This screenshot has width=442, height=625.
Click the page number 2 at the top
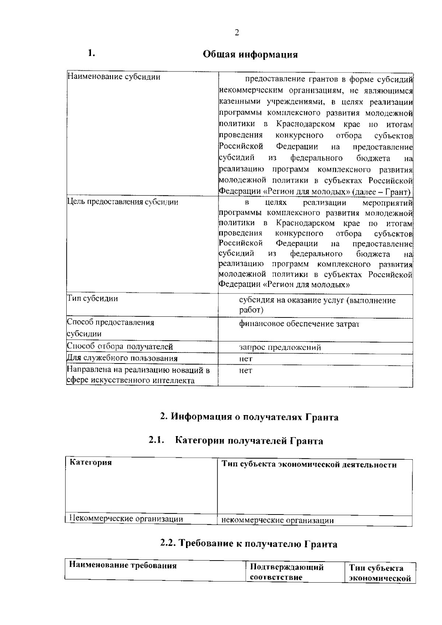(236, 33)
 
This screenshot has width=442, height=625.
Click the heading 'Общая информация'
(250, 55)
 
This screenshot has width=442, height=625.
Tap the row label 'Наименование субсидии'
(114, 77)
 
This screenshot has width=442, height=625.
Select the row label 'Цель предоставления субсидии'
(122, 202)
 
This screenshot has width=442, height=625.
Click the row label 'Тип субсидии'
(92, 298)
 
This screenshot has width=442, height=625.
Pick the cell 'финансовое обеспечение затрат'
(299, 324)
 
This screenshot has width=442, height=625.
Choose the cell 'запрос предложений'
(280, 347)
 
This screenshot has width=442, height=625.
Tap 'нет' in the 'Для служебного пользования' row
(246, 359)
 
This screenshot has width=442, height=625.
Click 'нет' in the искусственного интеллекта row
(246, 371)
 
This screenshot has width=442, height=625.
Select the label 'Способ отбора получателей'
(120, 347)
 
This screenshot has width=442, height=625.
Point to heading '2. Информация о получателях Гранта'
(249, 417)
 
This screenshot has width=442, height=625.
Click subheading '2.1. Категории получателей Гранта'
(236, 441)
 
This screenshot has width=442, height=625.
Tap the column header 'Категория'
(91, 463)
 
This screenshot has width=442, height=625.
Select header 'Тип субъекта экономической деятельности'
(309, 465)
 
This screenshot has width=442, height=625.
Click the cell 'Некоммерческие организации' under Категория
(126, 519)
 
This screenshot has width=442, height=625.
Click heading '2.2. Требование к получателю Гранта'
(249, 544)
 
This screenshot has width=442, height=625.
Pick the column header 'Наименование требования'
(123, 565)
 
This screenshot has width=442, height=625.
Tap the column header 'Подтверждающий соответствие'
(287, 572)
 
